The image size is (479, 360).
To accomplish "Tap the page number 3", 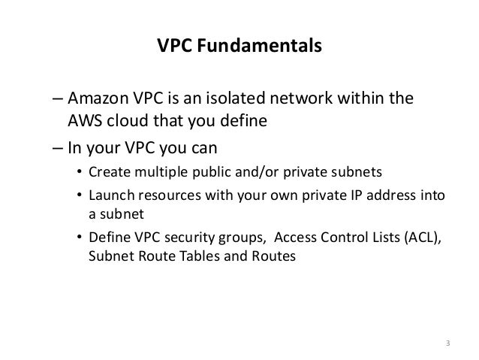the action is (448, 344).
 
